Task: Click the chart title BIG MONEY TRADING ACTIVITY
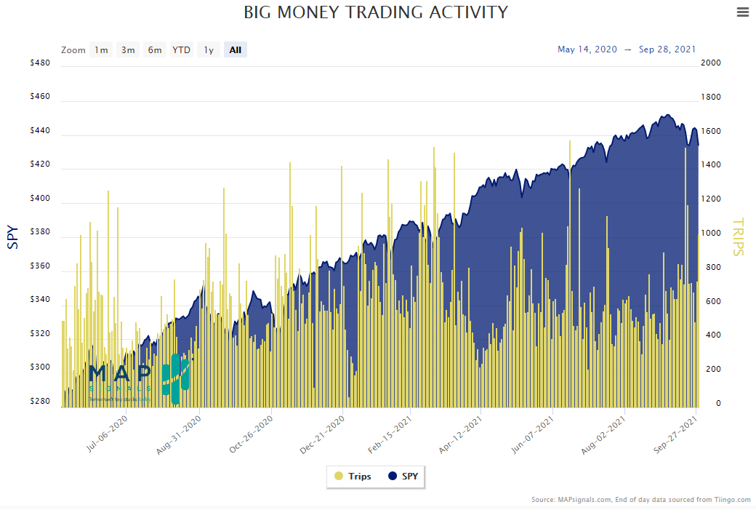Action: point(375,12)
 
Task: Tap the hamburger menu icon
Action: point(742,12)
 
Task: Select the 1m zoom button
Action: point(101,50)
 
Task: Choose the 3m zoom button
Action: point(128,50)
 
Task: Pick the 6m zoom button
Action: point(155,50)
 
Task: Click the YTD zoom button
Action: point(181,50)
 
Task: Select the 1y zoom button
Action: point(209,50)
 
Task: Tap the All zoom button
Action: point(236,50)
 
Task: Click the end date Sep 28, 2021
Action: point(667,49)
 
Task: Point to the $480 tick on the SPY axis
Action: point(40,63)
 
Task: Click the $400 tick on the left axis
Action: point(40,199)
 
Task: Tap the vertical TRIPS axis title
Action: point(739,237)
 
